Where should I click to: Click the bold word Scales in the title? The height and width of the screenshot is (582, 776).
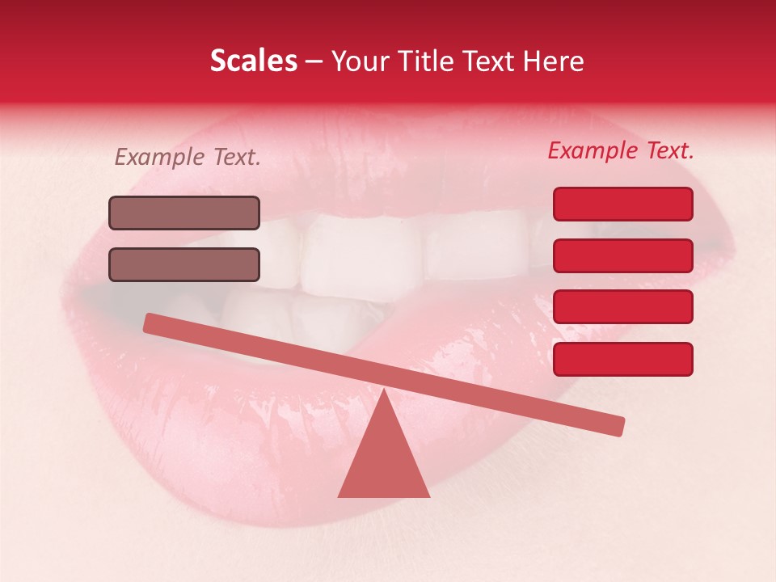pyautogui.click(x=254, y=61)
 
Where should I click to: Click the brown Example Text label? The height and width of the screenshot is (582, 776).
pyautogui.click(x=188, y=158)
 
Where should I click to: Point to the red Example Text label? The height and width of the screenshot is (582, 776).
pyautogui.click(x=621, y=151)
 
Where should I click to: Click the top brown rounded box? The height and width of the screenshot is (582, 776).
pyautogui.click(x=184, y=213)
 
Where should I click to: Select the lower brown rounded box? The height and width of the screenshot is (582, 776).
pyautogui.click(x=184, y=264)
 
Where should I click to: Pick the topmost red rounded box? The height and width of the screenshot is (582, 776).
pyautogui.click(x=622, y=204)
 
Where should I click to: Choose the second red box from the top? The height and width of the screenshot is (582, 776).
pyautogui.click(x=622, y=255)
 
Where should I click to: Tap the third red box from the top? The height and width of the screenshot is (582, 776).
pyautogui.click(x=622, y=306)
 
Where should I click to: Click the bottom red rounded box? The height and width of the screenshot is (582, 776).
pyautogui.click(x=622, y=359)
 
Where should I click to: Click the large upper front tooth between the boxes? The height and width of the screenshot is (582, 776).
pyautogui.click(x=360, y=251)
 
